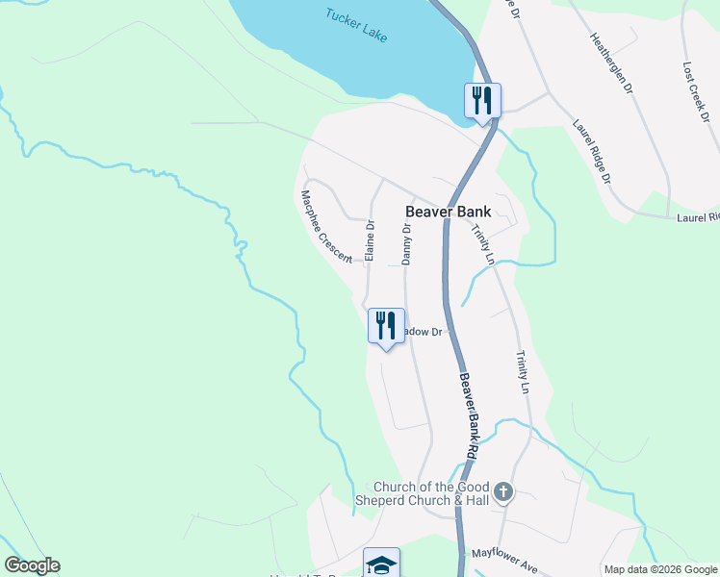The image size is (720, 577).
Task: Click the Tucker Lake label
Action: (x=356, y=26)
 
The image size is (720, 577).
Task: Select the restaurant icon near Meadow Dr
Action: (x=385, y=325)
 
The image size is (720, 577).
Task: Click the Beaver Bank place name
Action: (x=449, y=212)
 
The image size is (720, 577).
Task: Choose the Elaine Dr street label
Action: (x=369, y=239)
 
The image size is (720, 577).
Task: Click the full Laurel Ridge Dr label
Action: (x=591, y=151)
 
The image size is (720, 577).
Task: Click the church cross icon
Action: (x=503, y=493)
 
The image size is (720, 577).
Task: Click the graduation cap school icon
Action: (x=381, y=564)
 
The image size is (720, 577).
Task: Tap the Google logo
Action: (x=32, y=565)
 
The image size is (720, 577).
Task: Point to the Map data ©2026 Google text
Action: (x=659, y=569)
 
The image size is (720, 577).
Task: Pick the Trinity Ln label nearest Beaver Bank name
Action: (x=482, y=245)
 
